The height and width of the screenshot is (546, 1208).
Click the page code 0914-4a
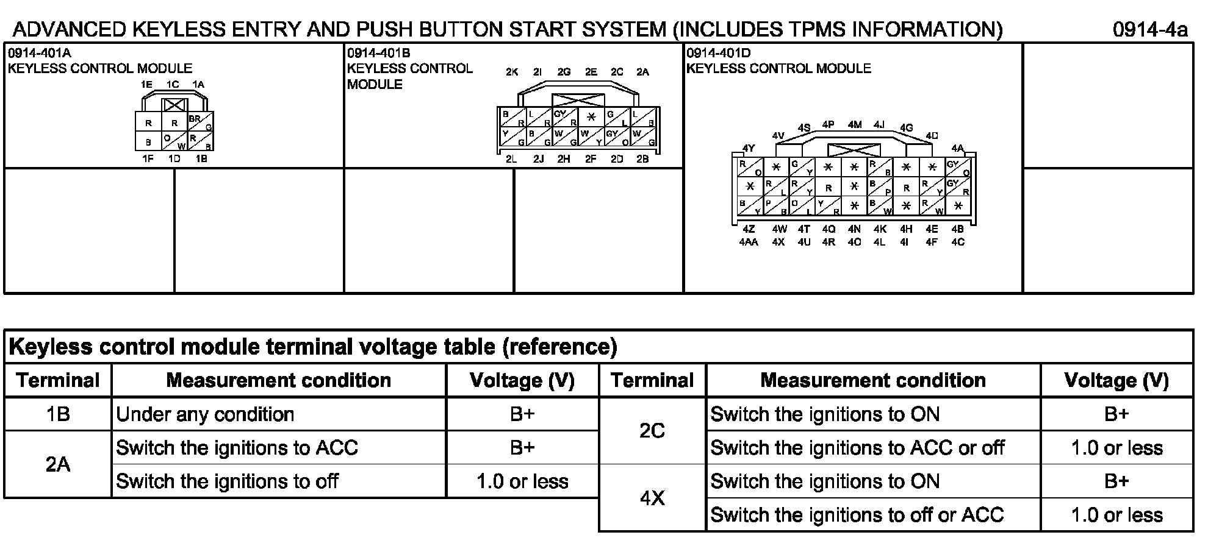coord(1149,29)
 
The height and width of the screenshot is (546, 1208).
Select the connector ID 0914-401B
coord(379,54)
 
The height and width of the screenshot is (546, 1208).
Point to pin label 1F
coord(148,159)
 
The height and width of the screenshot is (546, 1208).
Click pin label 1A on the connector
coord(198,85)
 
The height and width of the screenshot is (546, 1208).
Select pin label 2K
coord(512,72)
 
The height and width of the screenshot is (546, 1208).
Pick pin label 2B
coord(642,160)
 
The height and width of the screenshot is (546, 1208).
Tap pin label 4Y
coord(749,148)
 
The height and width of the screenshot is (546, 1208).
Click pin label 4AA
coord(749,242)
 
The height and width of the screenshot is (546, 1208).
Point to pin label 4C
coord(958,242)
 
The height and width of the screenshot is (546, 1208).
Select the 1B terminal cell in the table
coord(58,414)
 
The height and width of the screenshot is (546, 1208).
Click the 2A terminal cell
coord(58,464)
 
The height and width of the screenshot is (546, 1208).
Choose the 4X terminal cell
coord(652,498)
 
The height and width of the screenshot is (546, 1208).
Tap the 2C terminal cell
coord(652,431)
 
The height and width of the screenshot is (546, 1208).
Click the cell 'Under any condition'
coord(205,414)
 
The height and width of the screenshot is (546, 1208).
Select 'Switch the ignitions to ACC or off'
coord(857,448)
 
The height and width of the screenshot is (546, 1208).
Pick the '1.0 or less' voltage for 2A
coord(522,481)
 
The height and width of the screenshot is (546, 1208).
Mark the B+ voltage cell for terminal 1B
coord(522,414)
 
